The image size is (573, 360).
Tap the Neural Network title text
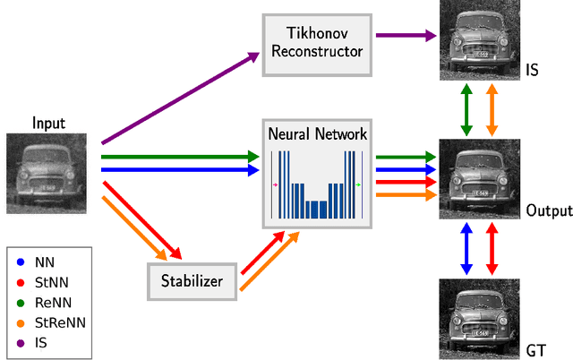[317, 134]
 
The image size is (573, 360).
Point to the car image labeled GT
[479, 319]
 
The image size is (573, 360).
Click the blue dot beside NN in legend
[21, 263]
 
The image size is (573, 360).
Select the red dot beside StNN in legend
[21, 281]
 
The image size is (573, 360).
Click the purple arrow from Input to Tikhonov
[179, 98]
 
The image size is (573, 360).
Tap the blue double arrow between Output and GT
[466, 248]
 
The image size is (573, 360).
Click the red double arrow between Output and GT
[491, 248]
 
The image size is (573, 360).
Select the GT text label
[536, 349]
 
